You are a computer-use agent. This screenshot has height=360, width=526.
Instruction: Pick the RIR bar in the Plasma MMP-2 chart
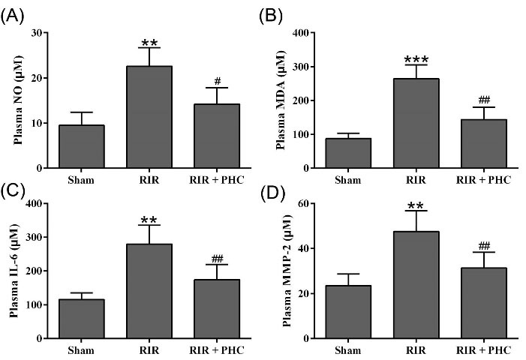[x=411, y=285]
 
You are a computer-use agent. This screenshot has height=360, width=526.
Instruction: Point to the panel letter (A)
[x=16, y=16]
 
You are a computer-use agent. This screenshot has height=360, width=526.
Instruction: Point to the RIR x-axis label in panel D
[x=411, y=349]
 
